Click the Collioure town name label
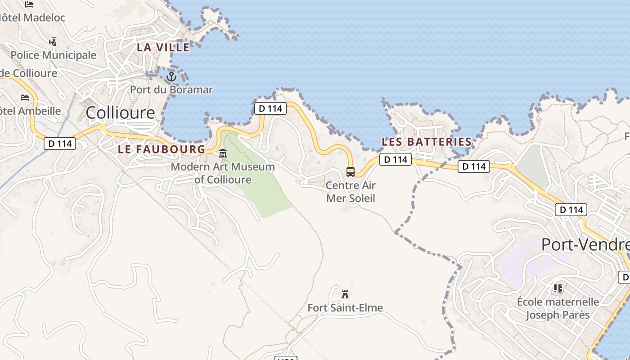pos(120,112)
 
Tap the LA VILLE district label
pos(163,47)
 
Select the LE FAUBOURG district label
pos(162,149)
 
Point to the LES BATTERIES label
pos(427,142)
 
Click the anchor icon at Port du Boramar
pos(171,77)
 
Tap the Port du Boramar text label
pos(171,90)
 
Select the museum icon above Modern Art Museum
pos(223,154)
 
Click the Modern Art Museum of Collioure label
pos(223,173)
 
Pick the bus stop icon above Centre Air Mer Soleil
pos(351,171)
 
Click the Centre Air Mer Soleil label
pos(351,192)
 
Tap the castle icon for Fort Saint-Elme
pos(345,294)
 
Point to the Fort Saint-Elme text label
pos(345,308)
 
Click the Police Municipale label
pos(53,55)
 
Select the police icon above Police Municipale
pos(53,42)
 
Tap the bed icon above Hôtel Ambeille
pos(25,98)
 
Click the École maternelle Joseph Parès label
pos(558,308)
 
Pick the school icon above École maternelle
pos(558,288)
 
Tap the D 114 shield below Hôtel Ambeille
pos(60,144)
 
